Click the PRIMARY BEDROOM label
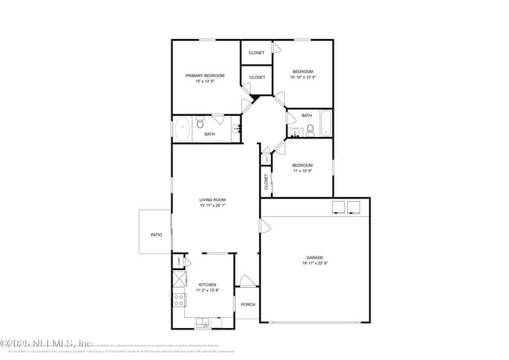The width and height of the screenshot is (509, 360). coord(204,76)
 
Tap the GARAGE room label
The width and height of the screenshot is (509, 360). coord(315,257)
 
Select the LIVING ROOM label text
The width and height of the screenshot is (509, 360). coord(212,200)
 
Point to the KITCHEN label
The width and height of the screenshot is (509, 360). coord(207,285)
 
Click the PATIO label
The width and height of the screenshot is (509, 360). coord(156,234)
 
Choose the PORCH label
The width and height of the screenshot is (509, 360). coord(247,304)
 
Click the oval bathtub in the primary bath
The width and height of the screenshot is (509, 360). coord(182,129)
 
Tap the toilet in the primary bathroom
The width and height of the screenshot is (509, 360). coord(201,123)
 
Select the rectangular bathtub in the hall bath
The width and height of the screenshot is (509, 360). coord(325,124)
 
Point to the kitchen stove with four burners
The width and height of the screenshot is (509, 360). coord(179,298)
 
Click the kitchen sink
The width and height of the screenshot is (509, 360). coord(204,321)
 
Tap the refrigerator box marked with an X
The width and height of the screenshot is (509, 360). coord(179,279)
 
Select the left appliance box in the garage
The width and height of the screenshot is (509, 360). coord(339,207)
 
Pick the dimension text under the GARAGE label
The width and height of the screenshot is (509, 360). coord(315,264)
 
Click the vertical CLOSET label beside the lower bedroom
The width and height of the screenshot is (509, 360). coord(266,182)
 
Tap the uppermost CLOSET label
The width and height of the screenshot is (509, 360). coord(256,52)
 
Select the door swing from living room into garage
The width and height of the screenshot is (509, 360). coord(265,227)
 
